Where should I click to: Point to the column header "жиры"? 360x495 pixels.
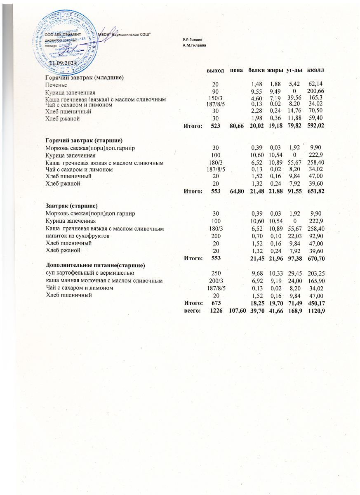[275, 71]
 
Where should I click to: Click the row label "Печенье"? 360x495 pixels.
[56, 85]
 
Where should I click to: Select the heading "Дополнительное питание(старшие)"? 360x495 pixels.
[96, 264]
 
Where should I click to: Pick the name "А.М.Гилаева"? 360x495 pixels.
[194, 44]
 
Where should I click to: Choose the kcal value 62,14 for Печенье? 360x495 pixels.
[315, 85]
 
